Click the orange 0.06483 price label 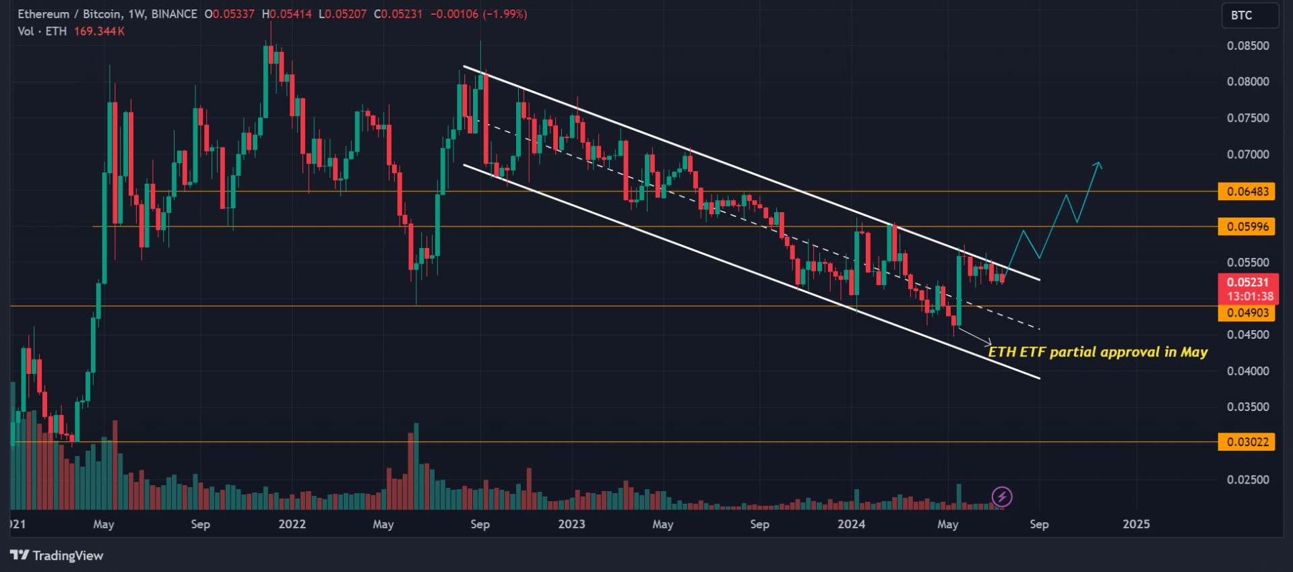click(1247, 191)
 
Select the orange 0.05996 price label click(1247, 226)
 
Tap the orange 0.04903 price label click(1247, 313)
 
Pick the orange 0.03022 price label click(1247, 442)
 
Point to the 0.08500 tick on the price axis click(1247, 46)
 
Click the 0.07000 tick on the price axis click(1247, 154)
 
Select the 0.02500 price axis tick click(1247, 480)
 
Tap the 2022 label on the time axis click(292, 524)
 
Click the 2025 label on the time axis click(1136, 524)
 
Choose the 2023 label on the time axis click(571, 524)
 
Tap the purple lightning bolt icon click(1002, 497)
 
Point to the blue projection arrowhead click(1098, 164)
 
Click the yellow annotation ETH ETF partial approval click(1098, 352)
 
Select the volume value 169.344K click(99, 31)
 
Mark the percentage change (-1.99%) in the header click(505, 14)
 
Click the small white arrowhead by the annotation click(989, 342)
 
